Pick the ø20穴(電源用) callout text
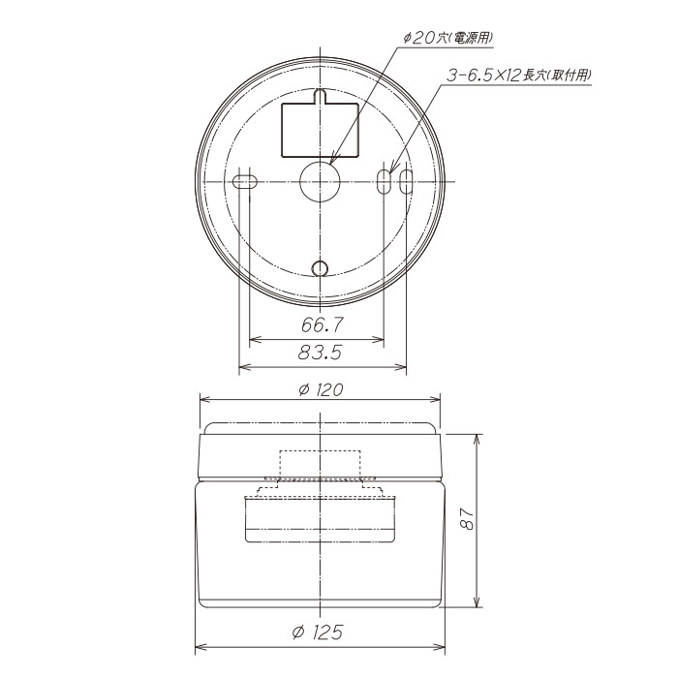(447, 39)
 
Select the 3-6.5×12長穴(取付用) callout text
(519, 74)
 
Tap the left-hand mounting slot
(244, 181)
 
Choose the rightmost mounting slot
(406, 181)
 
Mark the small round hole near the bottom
(319, 268)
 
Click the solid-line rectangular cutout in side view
(320, 519)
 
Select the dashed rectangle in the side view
(320, 465)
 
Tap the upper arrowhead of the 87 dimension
(478, 439)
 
